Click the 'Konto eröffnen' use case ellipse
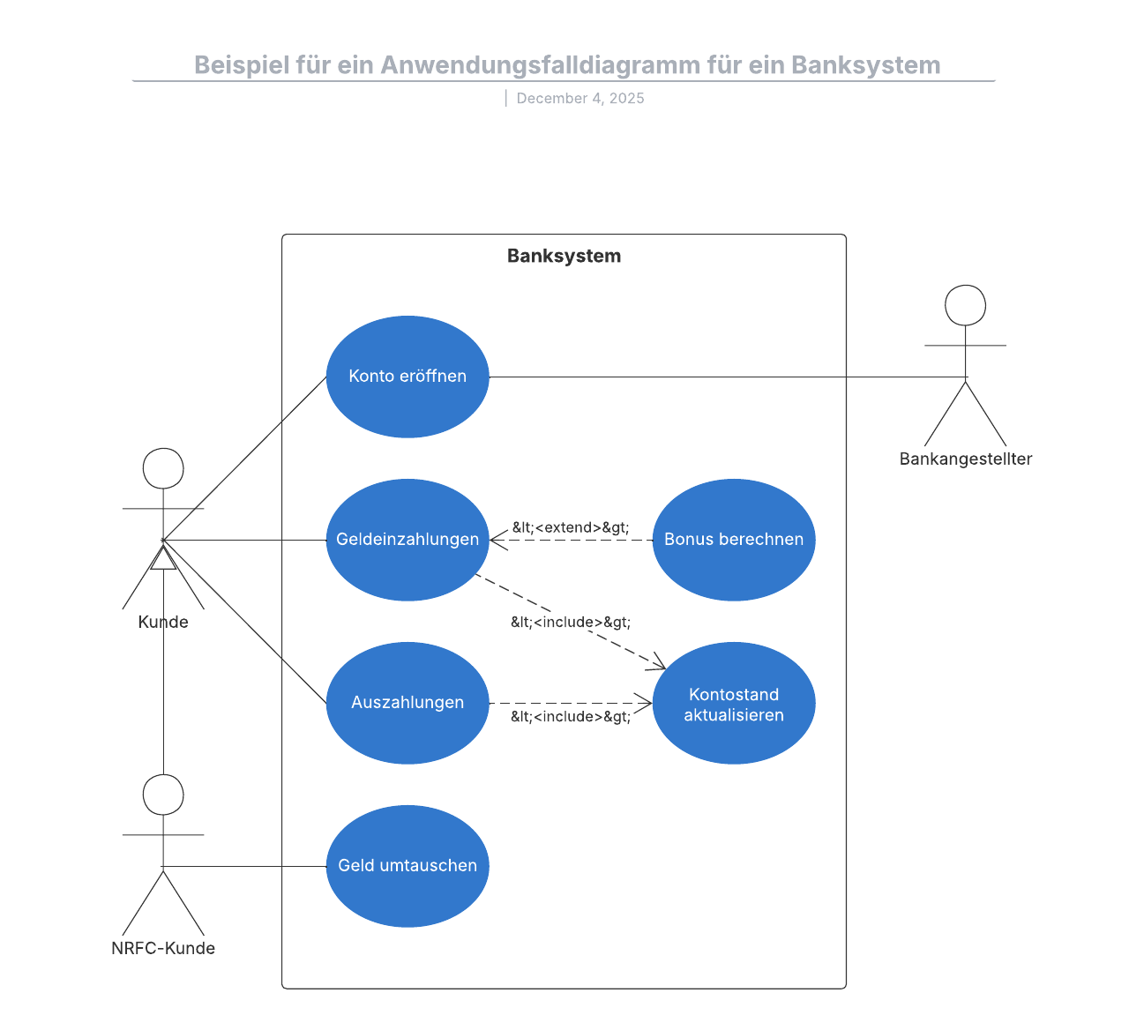click(407, 377)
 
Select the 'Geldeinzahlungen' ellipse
click(407, 540)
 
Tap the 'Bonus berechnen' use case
click(734, 540)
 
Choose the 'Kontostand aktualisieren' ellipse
click(734, 704)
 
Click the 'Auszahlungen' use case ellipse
click(407, 703)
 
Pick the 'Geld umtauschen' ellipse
click(407, 866)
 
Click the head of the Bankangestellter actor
click(965, 305)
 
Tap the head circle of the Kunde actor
click(163, 468)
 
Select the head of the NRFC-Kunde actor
click(163, 795)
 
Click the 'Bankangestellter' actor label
click(965, 459)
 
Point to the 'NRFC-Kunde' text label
click(163, 948)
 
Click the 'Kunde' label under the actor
click(163, 622)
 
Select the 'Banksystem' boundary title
click(564, 256)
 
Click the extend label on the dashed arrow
click(571, 527)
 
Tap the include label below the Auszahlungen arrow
click(571, 716)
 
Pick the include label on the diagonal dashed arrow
click(571, 622)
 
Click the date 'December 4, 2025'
click(580, 98)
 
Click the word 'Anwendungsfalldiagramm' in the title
click(540, 65)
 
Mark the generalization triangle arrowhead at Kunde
click(163, 558)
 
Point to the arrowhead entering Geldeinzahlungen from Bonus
click(497, 540)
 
